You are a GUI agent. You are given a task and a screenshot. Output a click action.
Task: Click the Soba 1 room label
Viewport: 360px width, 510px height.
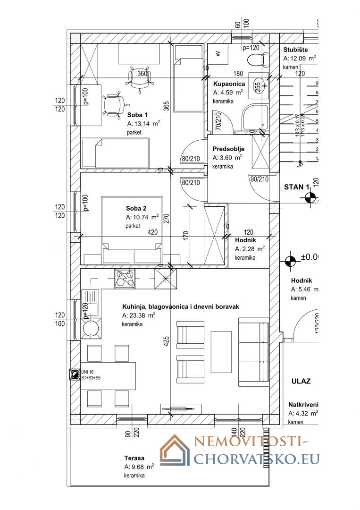tap(138, 115)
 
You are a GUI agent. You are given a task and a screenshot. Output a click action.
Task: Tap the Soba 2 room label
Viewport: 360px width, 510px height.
tap(136, 208)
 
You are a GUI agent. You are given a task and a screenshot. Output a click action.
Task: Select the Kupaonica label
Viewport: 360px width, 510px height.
tap(228, 84)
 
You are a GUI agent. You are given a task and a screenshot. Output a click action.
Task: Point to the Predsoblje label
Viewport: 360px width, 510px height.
tap(228, 149)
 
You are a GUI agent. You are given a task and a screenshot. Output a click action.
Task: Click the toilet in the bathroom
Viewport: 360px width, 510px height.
tap(256, 59)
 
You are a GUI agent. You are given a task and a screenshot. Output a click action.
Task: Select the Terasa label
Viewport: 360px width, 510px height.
tap(134, 458)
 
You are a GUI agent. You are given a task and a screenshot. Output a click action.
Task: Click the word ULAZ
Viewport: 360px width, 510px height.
tap(301, 381)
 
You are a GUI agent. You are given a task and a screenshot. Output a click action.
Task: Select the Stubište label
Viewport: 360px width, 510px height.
tap(296, 50)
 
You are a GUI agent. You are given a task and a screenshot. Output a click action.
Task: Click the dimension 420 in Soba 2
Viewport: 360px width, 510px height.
tap(153, 232)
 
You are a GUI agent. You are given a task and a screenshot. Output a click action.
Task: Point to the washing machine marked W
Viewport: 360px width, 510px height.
tap(218, 54)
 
